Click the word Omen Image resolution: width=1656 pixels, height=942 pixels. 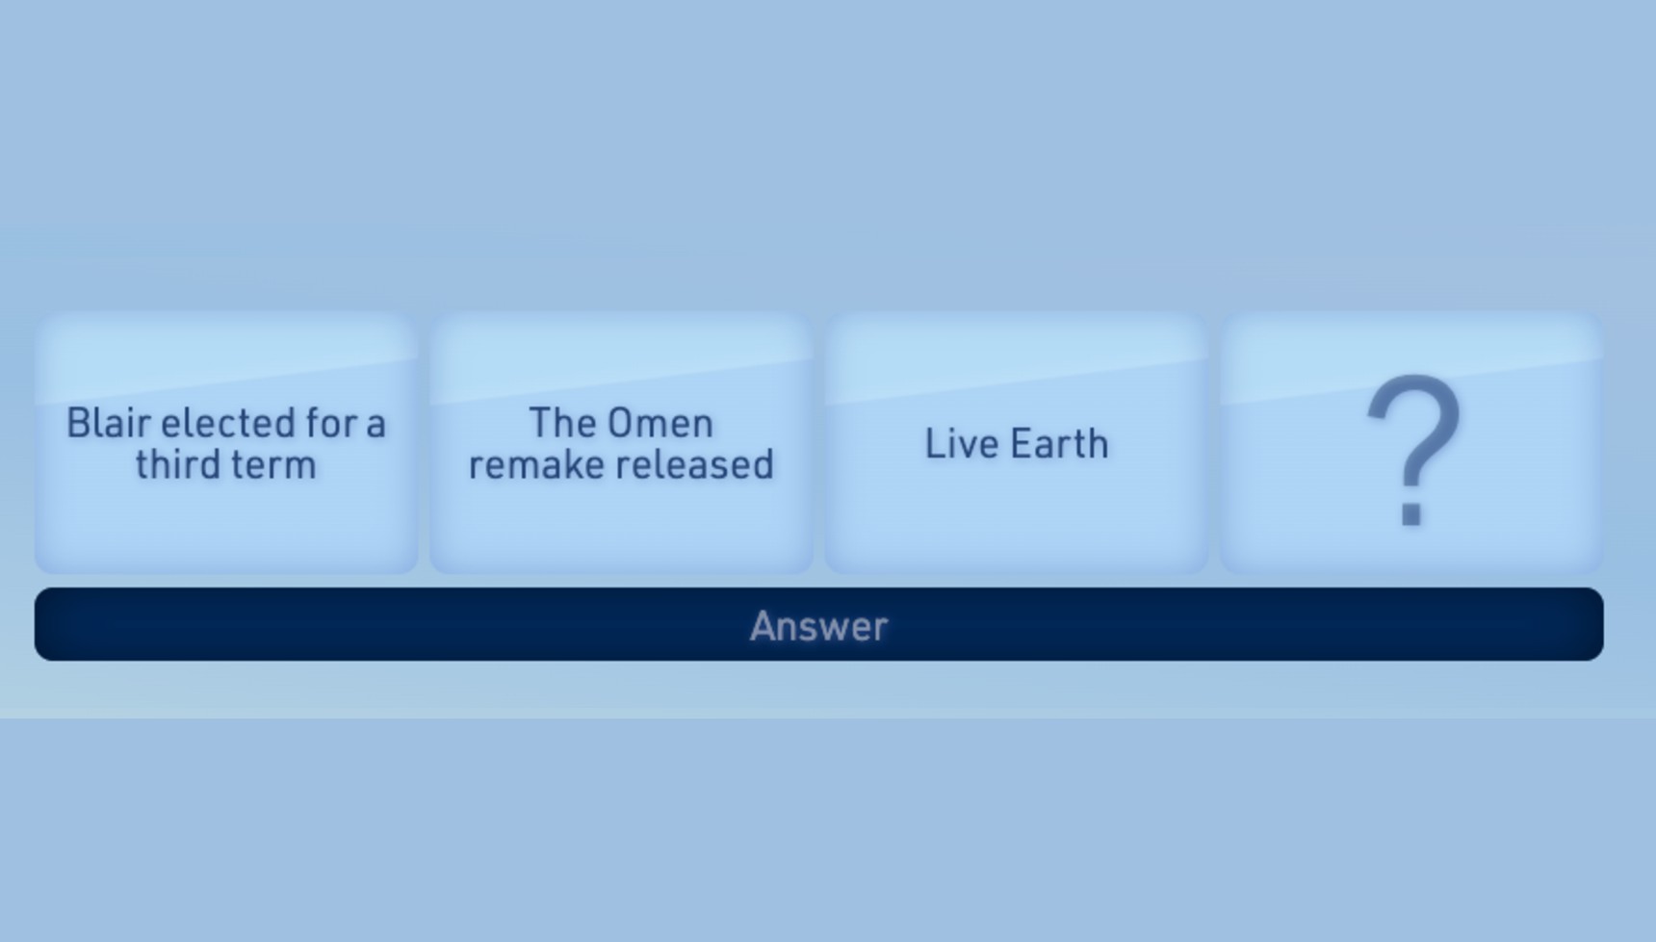pos(660,423)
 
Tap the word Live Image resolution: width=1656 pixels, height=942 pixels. pos(956,444)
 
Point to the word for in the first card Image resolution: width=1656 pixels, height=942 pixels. pos(330,423)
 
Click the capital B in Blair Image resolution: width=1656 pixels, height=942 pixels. pos(78,423)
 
